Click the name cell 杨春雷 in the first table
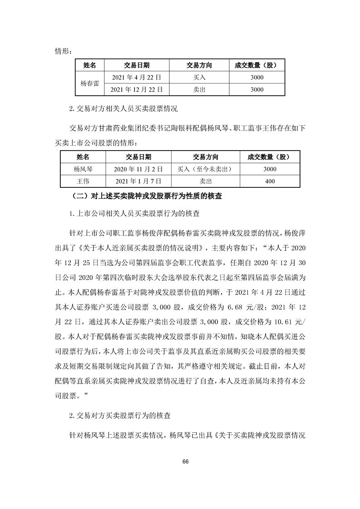click(89, 83)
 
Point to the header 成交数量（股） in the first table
click(256, 65)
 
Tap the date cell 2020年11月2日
click(138, 169)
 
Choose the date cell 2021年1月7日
click(138, 181)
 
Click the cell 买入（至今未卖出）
click(205, 169)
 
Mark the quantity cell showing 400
click(269, 181)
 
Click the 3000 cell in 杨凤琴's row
click(269, 169)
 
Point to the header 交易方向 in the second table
click(205, 157)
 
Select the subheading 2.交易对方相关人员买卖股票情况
click(123, 109)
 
